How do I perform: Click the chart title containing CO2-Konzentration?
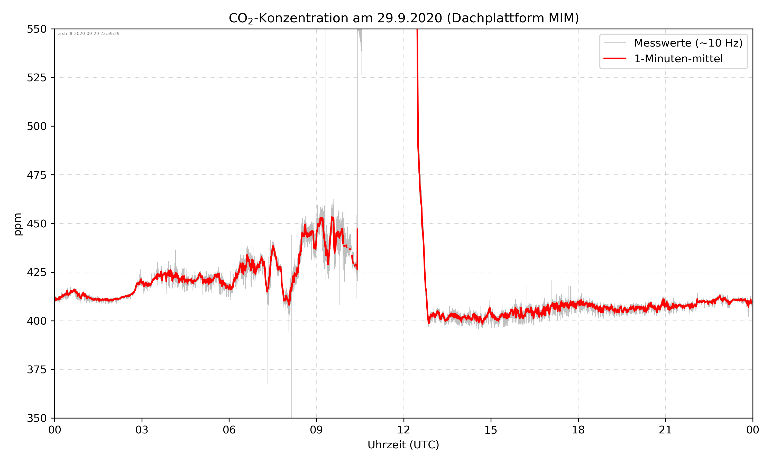pyautogui.click(x=403, y=18)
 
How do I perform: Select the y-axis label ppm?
pyautogui.click(x=18, y=224)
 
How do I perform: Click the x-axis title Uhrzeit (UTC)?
pyautogui.click(x=403, y=444)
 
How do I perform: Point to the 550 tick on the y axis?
pyautogui.click(x=36, y=29)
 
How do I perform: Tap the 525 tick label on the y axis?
pyautogui.click(x=36, y=78)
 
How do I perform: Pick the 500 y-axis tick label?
pyautogui.click(x=36, y=126)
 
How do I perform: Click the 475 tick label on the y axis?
pyautogui.click(x=36, y=175)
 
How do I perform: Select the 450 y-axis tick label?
pyautogui.click(x=36, y=224)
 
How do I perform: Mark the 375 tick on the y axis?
pyautogui.click(x=36, y=370)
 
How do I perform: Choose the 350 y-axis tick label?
pyautogui.click(x=36, y=419)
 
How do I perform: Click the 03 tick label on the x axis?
pyautogui.click(x=142, y=430)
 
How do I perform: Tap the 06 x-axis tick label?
pyautogui.click(x=229, y=430)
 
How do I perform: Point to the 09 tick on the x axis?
pyautogui.click(x=316, y=430)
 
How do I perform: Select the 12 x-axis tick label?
pyautogui.click(x=403, y=430)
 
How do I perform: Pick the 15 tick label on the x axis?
pyautogui.click(x=491, y=430)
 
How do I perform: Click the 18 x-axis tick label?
pyautogui.click(x=578, y=430)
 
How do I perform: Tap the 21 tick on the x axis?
pyautogui.click(x=665, y=430)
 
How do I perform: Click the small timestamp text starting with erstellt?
pyautogui.click(x=88, y=34)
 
